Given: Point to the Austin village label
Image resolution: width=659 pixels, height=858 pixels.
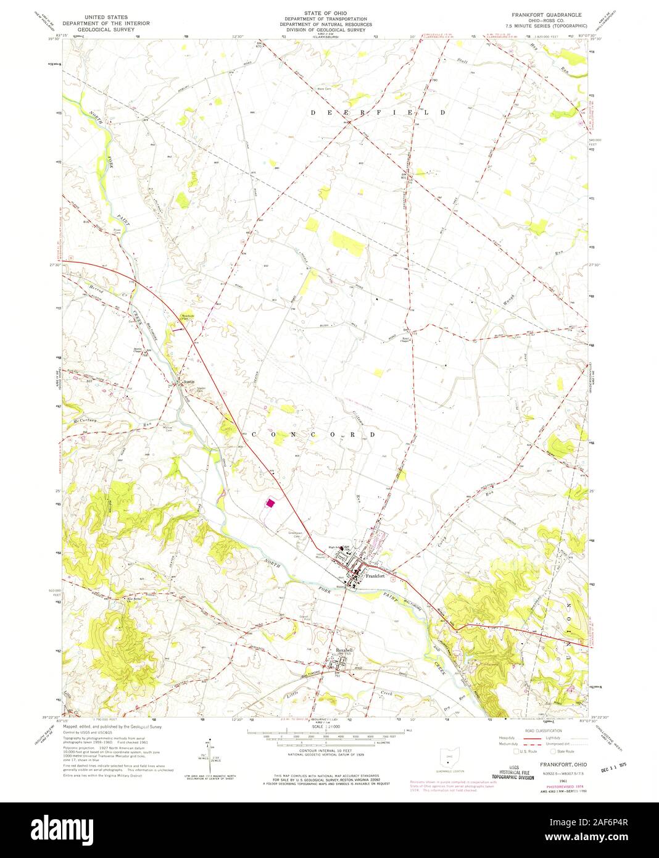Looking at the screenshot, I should (x=189, y=382).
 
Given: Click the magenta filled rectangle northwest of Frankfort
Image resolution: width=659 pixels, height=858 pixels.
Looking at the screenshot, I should (x=270, y=504).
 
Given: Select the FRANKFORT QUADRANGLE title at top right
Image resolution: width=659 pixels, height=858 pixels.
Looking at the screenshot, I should (x=542, y=13).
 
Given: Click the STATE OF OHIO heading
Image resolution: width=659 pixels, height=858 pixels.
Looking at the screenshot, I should (x=323, y=12).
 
